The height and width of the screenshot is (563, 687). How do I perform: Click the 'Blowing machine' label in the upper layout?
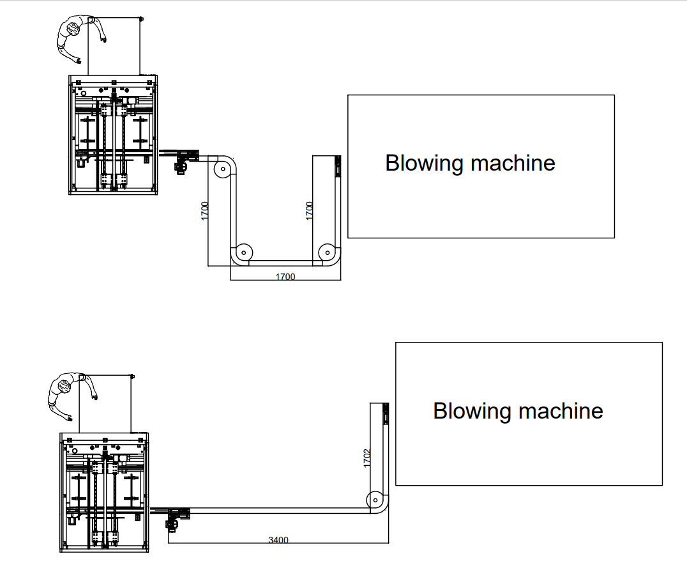470,163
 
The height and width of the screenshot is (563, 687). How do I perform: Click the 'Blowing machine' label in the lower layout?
518,410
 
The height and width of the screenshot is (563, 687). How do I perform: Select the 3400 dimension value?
278,540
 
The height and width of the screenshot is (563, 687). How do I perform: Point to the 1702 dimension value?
366,458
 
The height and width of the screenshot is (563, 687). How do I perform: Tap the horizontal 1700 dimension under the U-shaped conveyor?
285,277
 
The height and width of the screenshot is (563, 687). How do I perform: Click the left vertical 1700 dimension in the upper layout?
204,211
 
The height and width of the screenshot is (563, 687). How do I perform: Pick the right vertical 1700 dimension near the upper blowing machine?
310,211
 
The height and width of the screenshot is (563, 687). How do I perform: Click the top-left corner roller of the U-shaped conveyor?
222,169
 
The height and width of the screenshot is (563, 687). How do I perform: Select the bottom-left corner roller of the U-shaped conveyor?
243,251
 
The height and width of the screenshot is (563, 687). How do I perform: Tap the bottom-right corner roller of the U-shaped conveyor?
326,251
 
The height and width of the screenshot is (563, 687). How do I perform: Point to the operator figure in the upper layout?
78,36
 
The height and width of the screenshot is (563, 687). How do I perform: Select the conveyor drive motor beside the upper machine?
180,167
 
